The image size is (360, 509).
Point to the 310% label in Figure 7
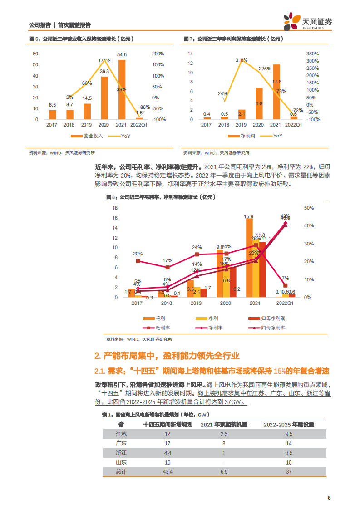(x=242, y=60)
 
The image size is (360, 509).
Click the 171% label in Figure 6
(x=104, y=60)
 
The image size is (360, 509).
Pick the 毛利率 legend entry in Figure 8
(x=158, y=328)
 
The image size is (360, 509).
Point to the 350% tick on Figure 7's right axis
(x=313, y=54)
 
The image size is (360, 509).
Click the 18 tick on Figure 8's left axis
(x=115, y=208)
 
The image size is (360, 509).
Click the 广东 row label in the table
(x=121, y=443)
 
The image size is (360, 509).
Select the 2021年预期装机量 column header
(x=224, y=425)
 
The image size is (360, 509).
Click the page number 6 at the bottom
(x=329, y=498)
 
